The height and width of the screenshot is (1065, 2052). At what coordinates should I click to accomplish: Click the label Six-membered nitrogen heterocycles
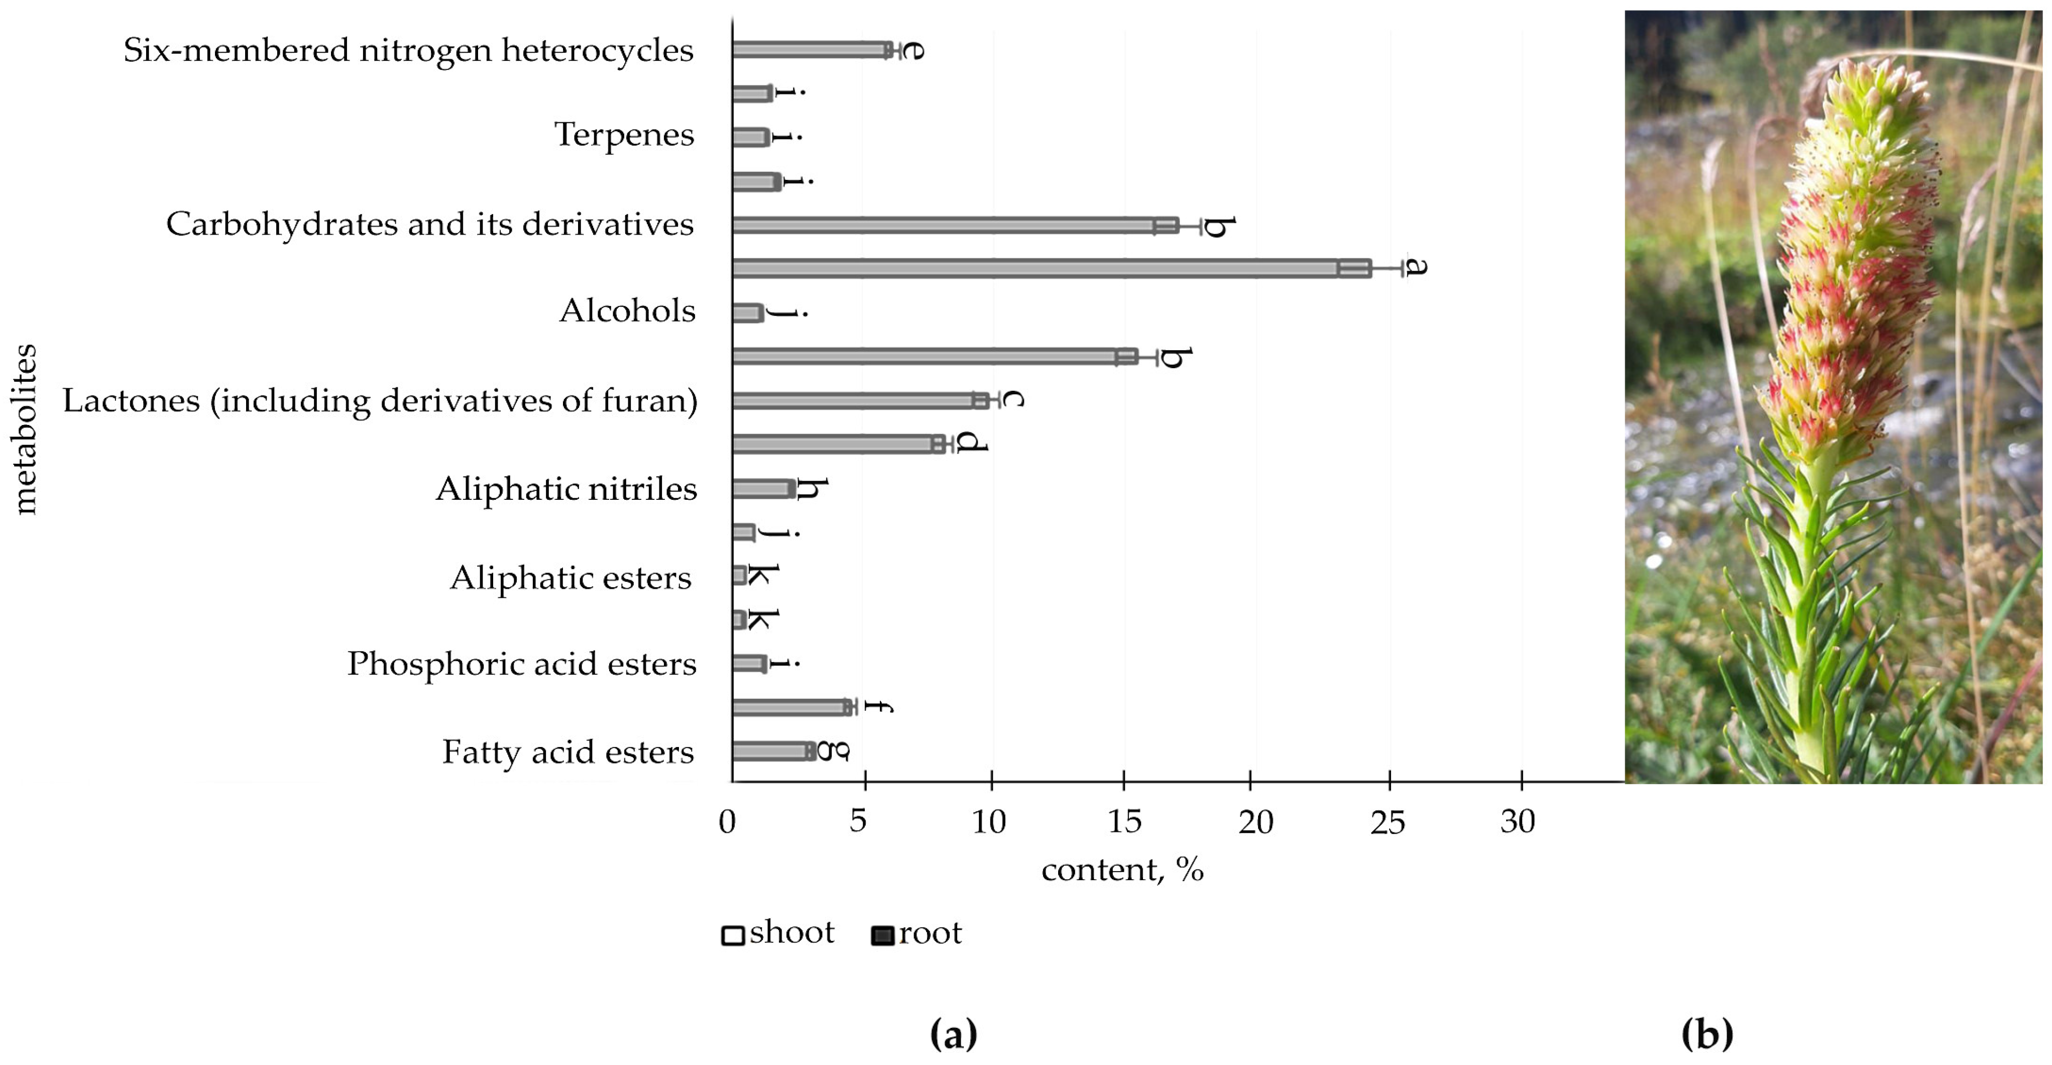tap(408, 50)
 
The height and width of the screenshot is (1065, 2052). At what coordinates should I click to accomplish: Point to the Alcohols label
tap(627, 310)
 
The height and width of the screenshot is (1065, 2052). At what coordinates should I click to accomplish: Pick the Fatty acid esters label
tap(568, 752)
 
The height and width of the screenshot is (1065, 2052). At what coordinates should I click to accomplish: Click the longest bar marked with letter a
tap(1052, 268)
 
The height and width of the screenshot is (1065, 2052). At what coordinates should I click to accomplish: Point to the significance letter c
tap(1011, 398)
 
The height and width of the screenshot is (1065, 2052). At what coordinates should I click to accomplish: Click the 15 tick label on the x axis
tap(1124, 822)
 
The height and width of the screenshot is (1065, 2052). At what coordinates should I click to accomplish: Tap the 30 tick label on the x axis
tap(1518, 822)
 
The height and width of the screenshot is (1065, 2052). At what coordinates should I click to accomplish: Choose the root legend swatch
tap(882, 935)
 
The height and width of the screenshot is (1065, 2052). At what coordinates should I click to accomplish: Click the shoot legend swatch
tap(733, 935)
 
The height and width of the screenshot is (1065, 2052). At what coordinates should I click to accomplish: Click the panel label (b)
tap(1706, 1034)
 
